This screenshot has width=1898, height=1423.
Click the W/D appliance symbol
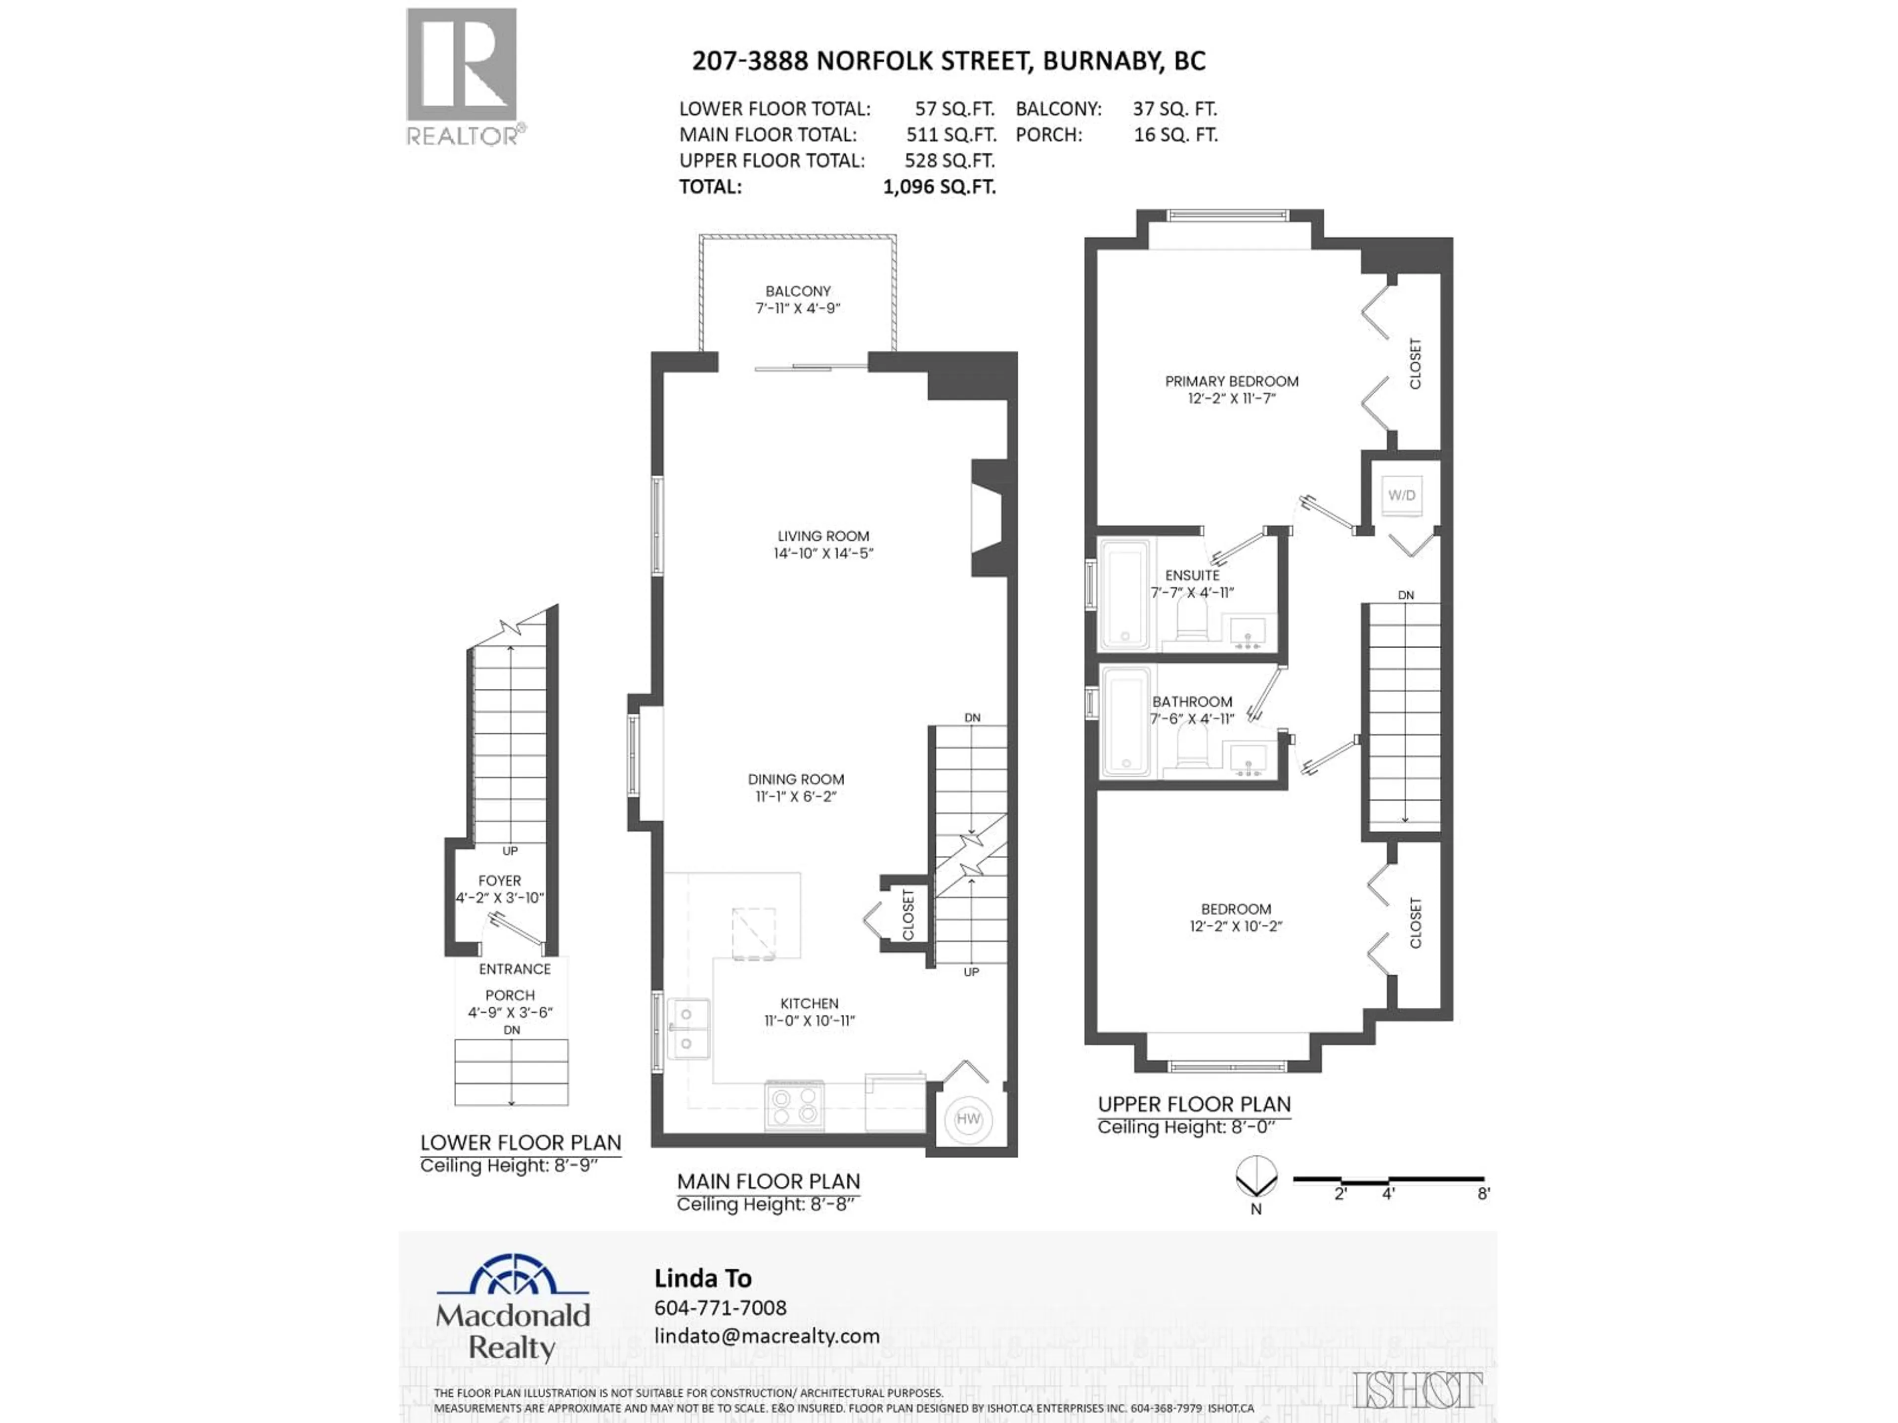point(1401,496)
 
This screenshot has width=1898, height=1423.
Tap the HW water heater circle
point(968,1119)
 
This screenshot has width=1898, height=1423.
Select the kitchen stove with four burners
point(794,1106)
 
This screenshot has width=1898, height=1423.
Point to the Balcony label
point(798,291)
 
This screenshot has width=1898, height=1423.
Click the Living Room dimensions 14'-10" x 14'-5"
point(823,553)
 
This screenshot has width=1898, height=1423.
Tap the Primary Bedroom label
point(1231,381)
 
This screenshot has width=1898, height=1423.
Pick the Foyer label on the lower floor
point(499,880)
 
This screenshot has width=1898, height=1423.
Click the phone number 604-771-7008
point(720,1307)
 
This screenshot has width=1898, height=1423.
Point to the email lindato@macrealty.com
point(766,1336)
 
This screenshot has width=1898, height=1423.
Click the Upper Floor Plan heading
point(1194,1104)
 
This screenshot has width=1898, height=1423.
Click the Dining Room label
point(795,779)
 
